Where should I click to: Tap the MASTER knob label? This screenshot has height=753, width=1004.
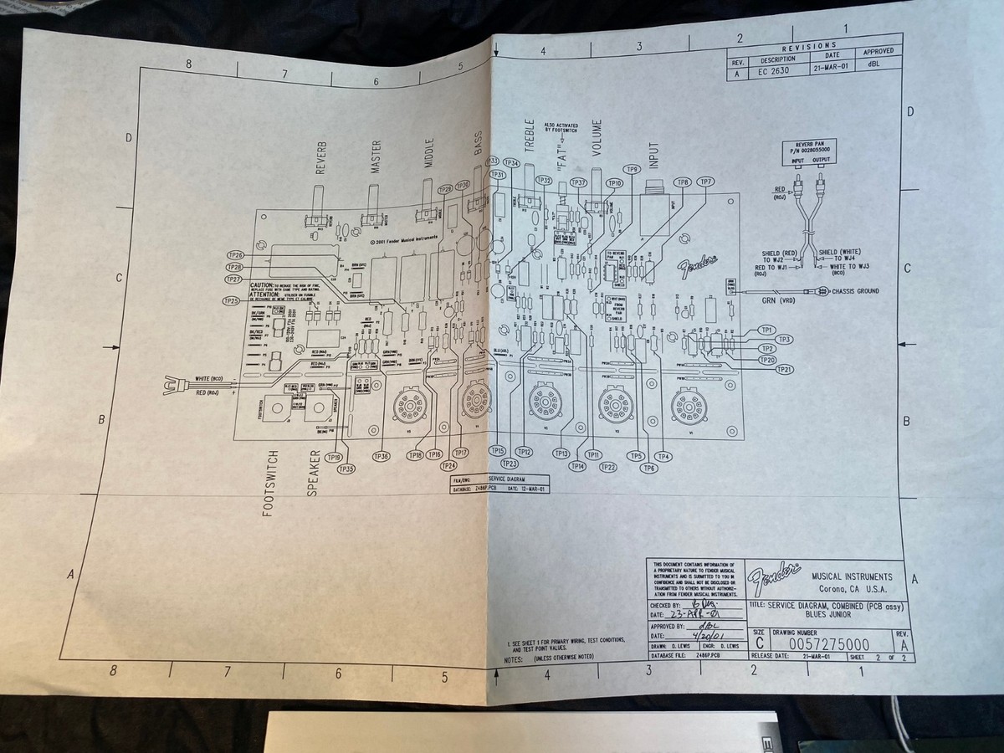tap(376, 156)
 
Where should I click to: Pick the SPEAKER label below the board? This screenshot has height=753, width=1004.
tap(313, 474)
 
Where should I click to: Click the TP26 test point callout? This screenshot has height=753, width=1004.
tap(235, 254)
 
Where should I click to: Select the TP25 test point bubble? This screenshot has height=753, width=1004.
tap(231, 300)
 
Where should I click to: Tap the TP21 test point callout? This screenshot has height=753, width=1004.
tap(784, 369)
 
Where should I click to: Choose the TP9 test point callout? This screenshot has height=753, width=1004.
tap(633, 170)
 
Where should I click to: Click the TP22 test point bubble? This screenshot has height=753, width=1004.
tap(608, 467)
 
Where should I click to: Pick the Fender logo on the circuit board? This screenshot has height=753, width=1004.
tap(696, 265)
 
